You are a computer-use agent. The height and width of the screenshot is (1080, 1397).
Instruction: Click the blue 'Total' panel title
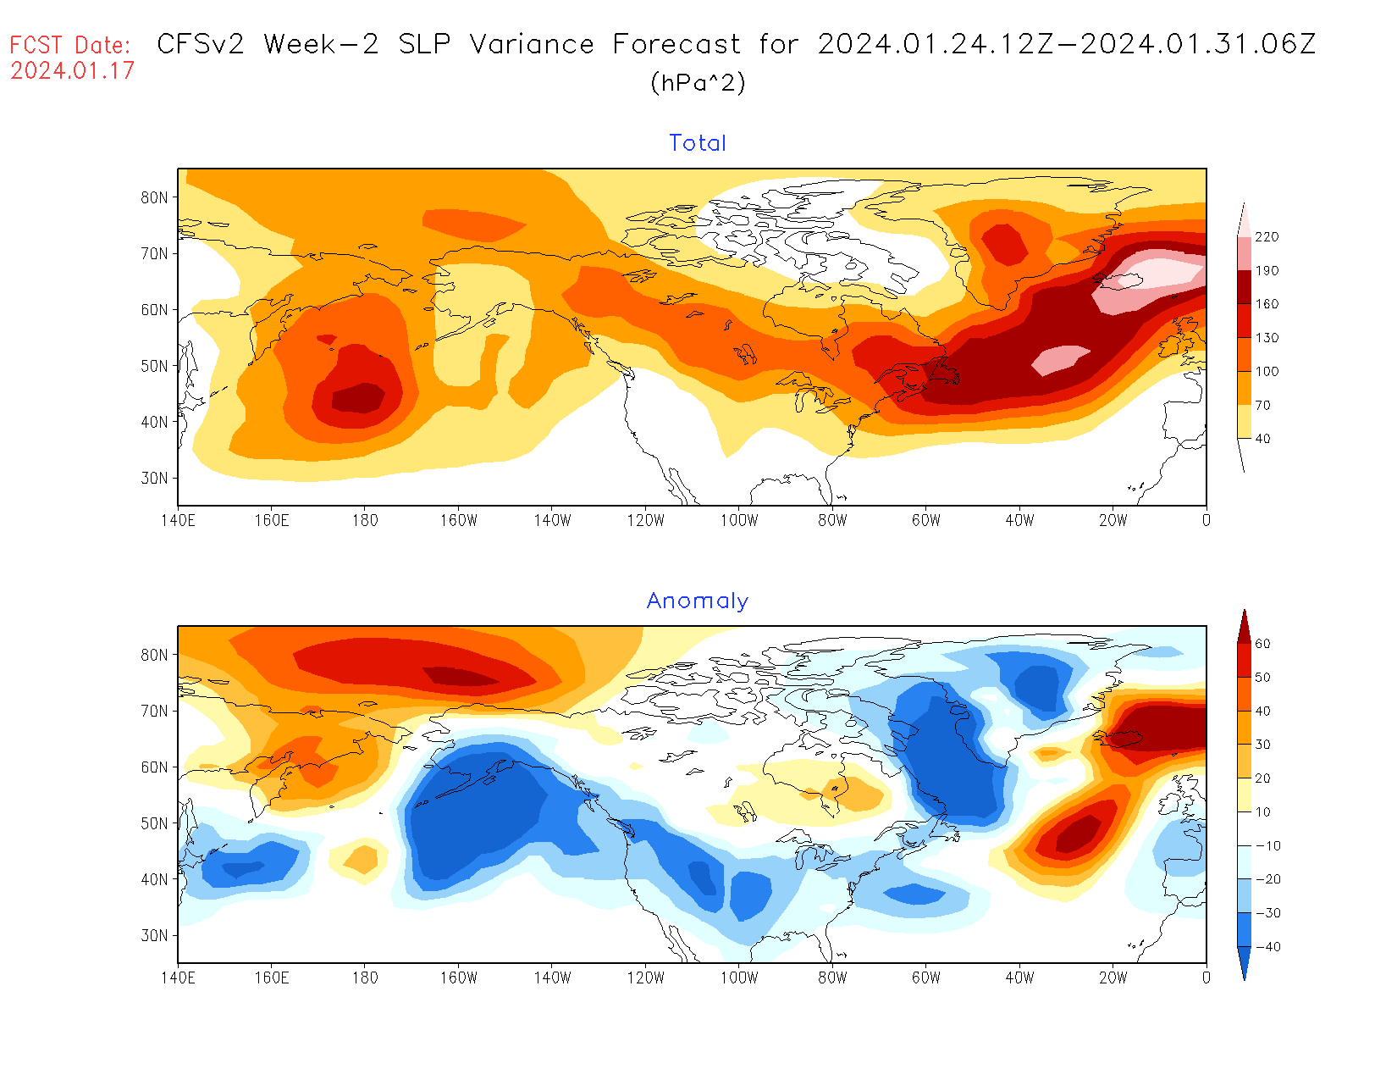(698, 143)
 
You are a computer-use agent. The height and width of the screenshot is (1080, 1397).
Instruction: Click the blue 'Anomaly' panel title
(697, 601)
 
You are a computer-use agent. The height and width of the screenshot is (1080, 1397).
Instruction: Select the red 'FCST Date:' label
(70, 45)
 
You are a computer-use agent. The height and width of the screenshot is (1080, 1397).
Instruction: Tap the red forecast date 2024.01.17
(72, 70)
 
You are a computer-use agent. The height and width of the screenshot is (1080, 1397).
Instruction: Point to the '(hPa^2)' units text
(698, 83)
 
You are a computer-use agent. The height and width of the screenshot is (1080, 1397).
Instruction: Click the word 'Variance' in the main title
(532, 44)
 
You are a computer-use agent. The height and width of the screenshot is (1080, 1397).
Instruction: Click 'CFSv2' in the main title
(201, 44)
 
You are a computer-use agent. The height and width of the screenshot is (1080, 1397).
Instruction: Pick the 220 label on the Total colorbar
(1267, 237)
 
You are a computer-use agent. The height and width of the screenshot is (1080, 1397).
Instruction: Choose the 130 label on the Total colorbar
(1267, 338)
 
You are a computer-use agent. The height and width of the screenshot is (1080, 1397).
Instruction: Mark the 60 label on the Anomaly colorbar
(1262, 644)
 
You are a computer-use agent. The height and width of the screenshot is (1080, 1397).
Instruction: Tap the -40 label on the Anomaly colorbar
(1267, 947)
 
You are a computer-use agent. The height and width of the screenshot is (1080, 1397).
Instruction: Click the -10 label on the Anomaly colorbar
(1267, 846)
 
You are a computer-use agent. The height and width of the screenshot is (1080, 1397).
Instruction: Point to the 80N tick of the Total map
(154, 197)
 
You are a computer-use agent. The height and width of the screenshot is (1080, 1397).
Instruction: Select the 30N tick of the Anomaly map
(154, 935)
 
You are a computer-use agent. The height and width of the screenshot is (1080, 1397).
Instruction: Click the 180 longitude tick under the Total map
(365, 520)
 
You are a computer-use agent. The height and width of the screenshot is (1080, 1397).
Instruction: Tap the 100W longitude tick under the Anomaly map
(738, 978)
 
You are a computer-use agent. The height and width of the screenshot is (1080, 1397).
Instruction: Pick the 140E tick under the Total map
(178, 520)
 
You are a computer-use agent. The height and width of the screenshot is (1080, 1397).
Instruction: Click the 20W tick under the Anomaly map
(1113, 978)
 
